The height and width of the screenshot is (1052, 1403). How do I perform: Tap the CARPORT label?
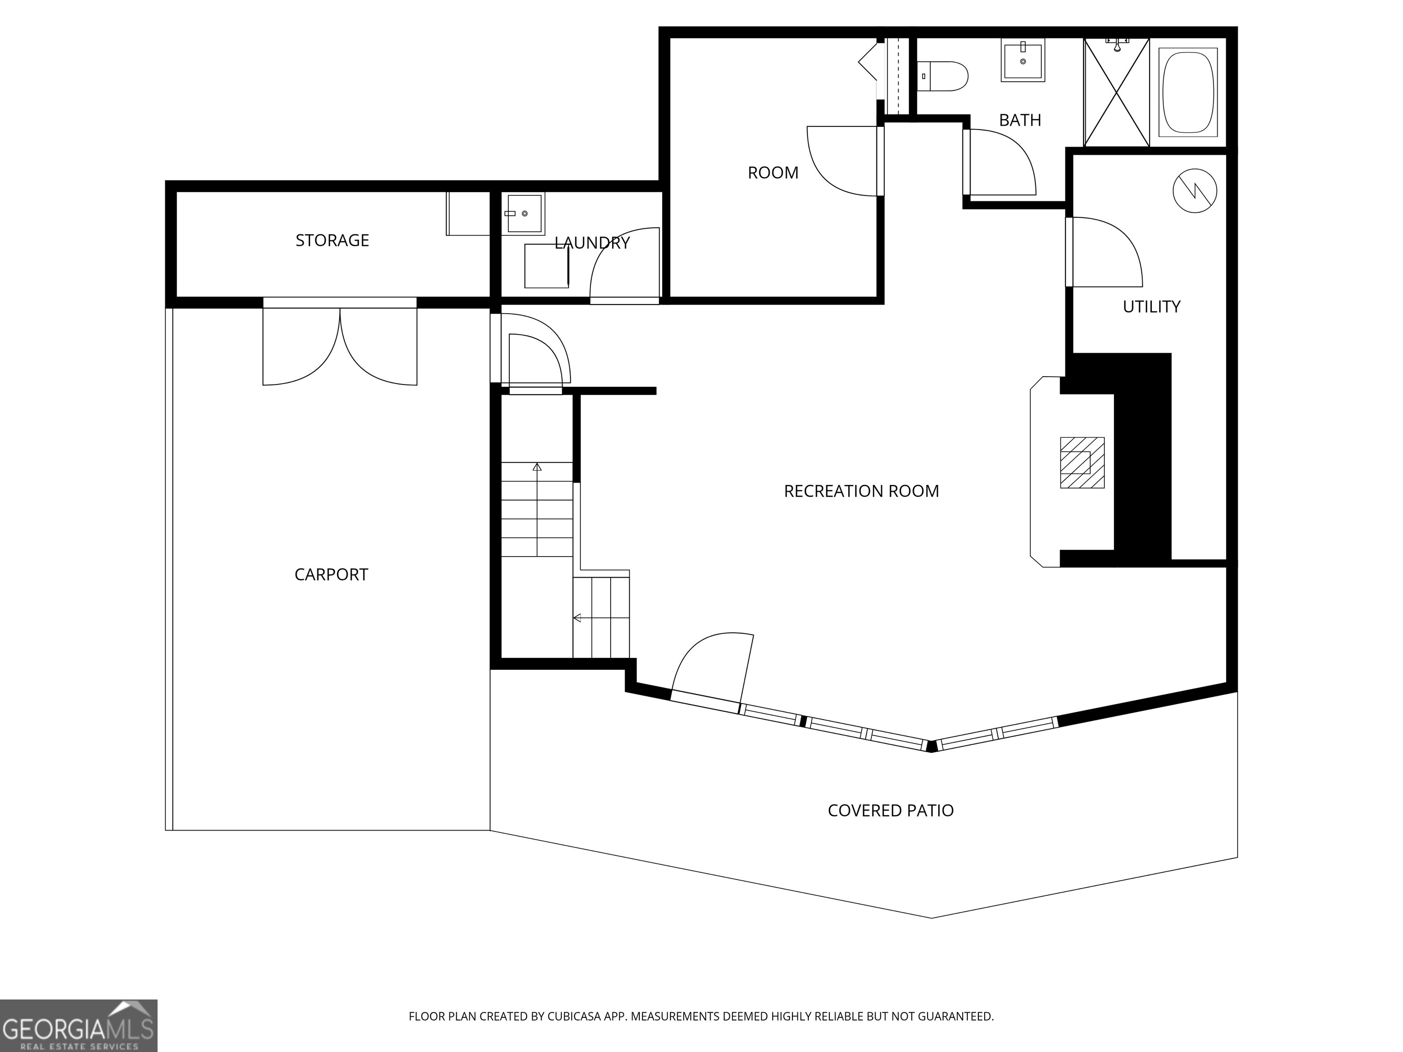coord(331,574)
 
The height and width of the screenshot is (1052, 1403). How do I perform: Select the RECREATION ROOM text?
coord(861,491)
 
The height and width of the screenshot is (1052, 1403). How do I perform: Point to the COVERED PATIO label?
coord(891,810)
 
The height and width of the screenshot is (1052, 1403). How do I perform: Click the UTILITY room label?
coord(1151,307)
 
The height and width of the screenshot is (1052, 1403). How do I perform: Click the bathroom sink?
coord(1023,60)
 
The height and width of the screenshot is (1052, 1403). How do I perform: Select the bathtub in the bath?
coord(1188,93)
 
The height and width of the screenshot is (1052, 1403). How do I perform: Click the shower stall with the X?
coord(1116,93)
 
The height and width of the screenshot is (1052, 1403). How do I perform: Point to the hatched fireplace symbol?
coord(1082,463)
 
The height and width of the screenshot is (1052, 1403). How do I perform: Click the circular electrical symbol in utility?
coord(1195,190)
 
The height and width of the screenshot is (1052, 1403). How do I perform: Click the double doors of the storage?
coord(340,346)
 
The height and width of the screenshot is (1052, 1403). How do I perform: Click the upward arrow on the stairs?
coord(537,468)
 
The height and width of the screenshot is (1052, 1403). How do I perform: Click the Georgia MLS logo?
coord(79,1026)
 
